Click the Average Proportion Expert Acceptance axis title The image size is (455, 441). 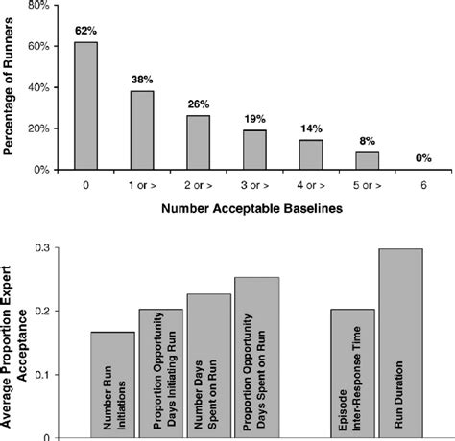coord(14,336)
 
